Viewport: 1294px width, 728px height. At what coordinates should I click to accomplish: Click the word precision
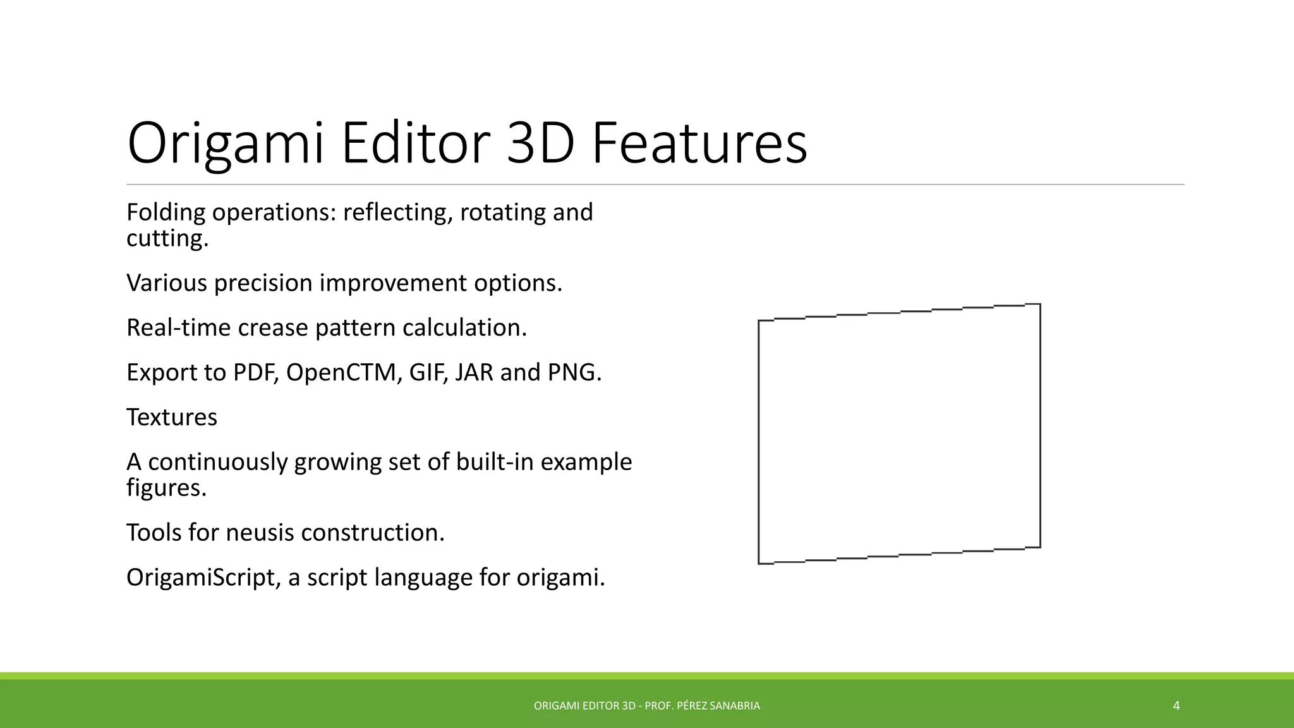[x=264, y=283]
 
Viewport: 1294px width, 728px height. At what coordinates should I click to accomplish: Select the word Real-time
[x=179, y=328]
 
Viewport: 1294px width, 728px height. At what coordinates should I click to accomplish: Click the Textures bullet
[x=172, y=418]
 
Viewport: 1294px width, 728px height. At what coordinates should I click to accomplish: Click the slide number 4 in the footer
[x=1176, y=706]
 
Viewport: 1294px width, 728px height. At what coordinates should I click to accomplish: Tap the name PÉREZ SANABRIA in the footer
[x=718, y=706]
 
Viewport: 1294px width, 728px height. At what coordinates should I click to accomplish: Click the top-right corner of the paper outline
[x=1040, y=305]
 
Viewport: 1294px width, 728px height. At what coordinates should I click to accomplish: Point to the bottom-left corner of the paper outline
[x=759, y=563]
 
